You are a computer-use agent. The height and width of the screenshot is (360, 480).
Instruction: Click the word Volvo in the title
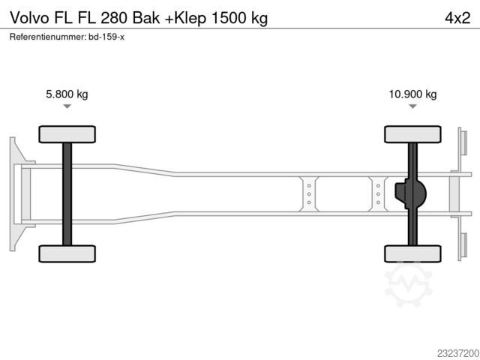[29, 18]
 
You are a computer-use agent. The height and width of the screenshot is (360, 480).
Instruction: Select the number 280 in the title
[113, 18]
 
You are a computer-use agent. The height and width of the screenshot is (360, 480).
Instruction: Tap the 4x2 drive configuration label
[457, 18]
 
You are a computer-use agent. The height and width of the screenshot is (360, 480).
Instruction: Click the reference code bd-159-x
[106, 37]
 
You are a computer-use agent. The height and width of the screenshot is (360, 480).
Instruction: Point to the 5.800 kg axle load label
[67, 94]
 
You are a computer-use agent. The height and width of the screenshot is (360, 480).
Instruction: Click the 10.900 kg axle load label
[412, 94]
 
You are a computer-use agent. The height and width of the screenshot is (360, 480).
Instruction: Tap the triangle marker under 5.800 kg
[67, 106]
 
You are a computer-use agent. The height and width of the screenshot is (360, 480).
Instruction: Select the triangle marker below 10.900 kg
[412, 106]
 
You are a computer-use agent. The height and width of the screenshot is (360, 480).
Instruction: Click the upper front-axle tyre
[67, 134]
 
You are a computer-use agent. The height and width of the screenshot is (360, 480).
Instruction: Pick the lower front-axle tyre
[67, 253]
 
